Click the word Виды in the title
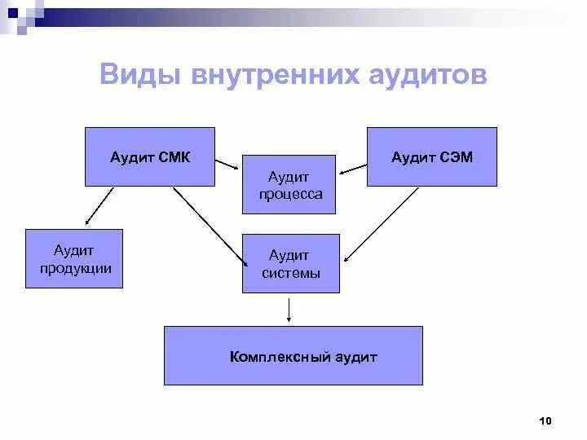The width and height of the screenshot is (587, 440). click(139, 75)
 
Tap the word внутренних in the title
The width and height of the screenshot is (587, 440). click(274, 75)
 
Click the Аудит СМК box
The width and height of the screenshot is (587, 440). click(150, 156)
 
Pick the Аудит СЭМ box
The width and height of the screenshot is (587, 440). click(431, 156)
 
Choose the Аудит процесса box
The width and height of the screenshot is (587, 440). click(289, 184)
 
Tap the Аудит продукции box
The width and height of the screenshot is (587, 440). click(74, 258)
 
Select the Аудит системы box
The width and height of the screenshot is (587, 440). click(291, 263)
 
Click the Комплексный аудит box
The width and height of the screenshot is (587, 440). click(293, 356)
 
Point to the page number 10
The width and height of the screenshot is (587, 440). click(545, 420)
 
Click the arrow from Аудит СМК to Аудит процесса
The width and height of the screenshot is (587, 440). click(228, 165)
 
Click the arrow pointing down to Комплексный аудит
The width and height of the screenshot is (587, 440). click(289, 310)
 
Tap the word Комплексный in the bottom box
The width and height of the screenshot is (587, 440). click(269, 357)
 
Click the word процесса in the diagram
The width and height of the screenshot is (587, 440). click(290, 195)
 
